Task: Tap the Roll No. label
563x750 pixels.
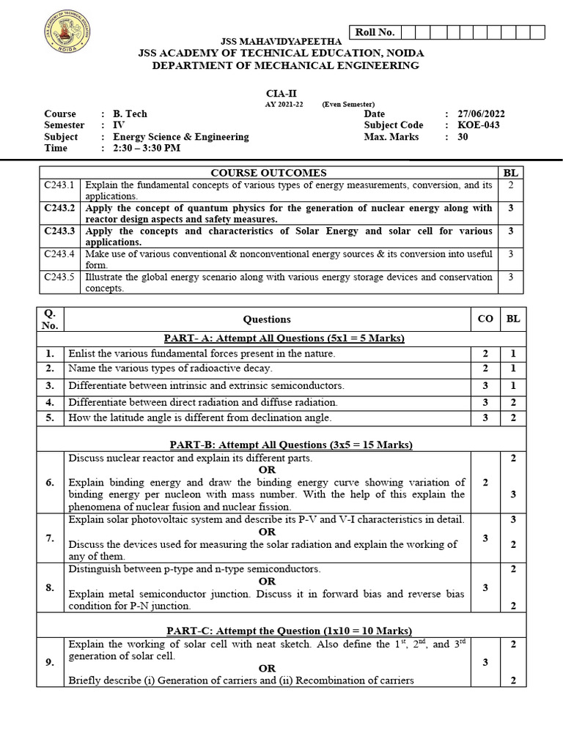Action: point(375,31)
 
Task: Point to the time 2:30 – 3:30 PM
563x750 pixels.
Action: point(147,148)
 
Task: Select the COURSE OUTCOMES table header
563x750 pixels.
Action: point(268,173)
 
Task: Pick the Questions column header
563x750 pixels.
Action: point(267,319)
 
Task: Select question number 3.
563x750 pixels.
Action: point(50,385)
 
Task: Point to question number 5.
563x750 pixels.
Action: point(50,417)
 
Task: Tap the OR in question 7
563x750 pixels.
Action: point(267,532)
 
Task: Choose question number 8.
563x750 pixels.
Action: point(50,587)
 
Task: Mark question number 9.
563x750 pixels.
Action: point(50,662)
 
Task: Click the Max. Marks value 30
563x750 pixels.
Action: point(462,136)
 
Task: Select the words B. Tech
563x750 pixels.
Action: point(130,114)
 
